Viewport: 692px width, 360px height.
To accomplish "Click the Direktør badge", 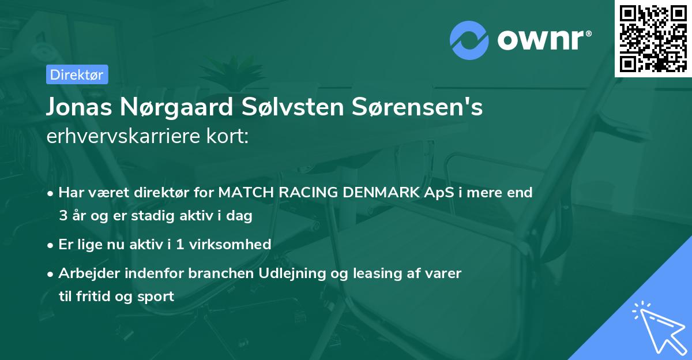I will point(77,74).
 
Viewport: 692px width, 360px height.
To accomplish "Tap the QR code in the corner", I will point(653,38).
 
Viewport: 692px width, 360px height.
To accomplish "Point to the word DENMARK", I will point(379,193).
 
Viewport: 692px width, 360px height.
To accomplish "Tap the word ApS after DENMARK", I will point(438,193).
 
